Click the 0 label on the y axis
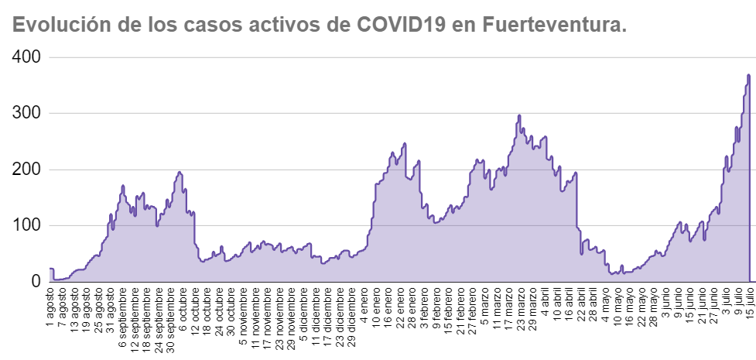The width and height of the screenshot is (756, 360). coord(36,282)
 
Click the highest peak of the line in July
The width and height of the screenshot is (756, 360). coord(748,75)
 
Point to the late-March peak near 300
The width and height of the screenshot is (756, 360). coord(518,115)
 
